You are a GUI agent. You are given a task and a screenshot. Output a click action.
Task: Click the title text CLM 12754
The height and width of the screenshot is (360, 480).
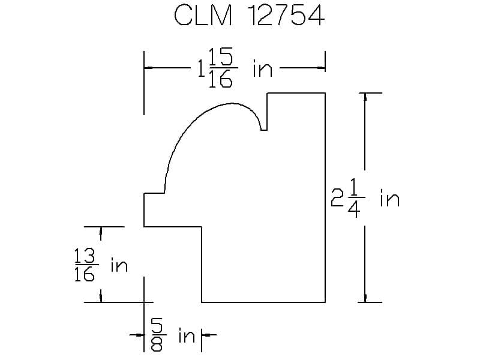(x=249, y=16)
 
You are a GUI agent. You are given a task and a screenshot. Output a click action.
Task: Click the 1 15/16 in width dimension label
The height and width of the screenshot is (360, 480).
(x=235, y=68)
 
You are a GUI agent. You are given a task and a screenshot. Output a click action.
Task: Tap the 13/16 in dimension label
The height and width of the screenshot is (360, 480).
(x=101, y=265)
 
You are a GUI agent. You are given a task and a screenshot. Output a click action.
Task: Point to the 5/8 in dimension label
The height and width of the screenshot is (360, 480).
(x=173, y=335)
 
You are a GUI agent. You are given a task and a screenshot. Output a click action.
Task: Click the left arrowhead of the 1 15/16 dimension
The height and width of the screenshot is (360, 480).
(x=148, y=68)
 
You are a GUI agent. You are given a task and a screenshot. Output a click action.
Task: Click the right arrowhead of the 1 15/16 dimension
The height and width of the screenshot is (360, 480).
(x=321, y=68)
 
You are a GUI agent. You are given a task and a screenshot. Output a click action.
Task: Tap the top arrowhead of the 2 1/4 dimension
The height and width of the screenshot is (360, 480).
(x=365, y=97)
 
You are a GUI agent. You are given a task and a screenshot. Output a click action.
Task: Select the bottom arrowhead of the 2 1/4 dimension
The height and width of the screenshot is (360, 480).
(x=365, y=298)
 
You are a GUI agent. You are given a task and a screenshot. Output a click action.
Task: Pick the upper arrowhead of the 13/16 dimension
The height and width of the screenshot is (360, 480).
(x=101, y=231)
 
